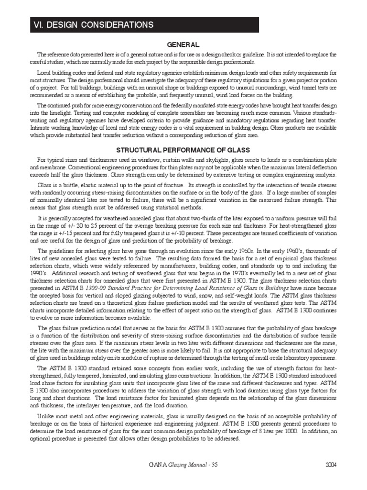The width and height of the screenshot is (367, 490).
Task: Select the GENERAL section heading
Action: pyautogui.click(x=183, y=45)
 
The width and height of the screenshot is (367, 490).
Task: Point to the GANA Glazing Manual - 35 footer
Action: pyautogui.click(x=183, y=478)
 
